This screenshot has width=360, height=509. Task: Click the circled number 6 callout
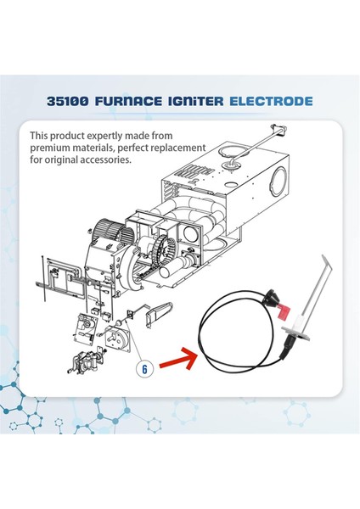click(144, 368)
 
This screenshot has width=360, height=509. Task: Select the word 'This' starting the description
click(41, 136)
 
